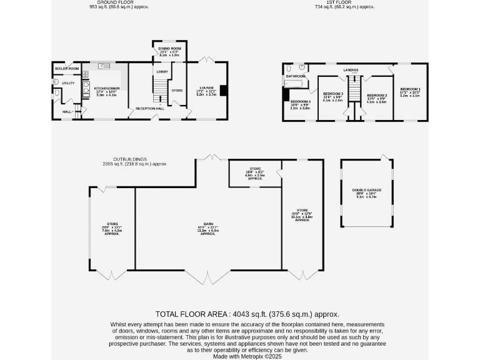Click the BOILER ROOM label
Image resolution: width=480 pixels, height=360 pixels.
tap(67, 68)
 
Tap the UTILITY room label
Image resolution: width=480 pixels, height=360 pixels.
tap(68, 83)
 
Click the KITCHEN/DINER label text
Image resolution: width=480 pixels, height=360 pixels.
tap(106, 89)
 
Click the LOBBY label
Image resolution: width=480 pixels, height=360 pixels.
tap(162, 72)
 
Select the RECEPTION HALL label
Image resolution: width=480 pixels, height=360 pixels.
tap(150, 109)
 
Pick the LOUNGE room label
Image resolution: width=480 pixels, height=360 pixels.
tap(207, 87)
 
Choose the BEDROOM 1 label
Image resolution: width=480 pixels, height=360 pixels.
tap(411, 89)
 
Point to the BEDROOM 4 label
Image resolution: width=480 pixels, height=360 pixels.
tap(301, 101)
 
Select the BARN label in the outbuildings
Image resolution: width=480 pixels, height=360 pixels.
tap(207, 227)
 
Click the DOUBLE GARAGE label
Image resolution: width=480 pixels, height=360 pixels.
tap(366, 190)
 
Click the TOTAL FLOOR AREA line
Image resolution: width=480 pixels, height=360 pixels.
tap(247, 314)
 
